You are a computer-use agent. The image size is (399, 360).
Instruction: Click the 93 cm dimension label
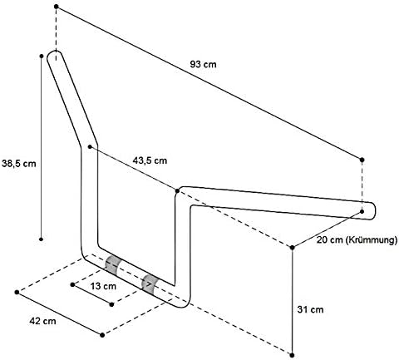[203, 64]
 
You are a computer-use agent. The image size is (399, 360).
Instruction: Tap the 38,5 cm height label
[19, 164]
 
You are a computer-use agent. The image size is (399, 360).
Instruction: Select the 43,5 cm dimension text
[150, 160]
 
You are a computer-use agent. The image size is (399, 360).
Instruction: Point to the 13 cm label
[103, 286]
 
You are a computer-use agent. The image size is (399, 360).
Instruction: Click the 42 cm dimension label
[42, 321]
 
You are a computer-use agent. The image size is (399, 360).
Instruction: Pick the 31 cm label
[310, 309]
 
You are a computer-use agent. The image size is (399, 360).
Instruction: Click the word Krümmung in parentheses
[372, 240]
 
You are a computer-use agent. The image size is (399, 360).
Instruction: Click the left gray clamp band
[111, 264]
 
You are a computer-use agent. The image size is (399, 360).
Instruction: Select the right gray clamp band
[149, 284]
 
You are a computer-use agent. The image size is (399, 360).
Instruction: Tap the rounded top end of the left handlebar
[55, 52]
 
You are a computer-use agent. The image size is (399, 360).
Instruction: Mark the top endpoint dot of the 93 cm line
[57, 7]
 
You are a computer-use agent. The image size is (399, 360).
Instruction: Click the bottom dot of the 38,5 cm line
[41, 239]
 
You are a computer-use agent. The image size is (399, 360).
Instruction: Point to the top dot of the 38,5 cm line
[42, 56]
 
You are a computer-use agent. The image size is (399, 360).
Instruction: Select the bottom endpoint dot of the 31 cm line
[292, 355]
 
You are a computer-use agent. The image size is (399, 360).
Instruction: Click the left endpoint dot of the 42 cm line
[17, 292]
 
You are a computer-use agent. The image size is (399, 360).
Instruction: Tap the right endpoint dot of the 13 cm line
[111, 304]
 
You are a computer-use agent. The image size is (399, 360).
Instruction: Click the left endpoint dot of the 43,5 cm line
[90, 146]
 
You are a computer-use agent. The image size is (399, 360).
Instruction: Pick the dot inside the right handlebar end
[362, 211]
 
